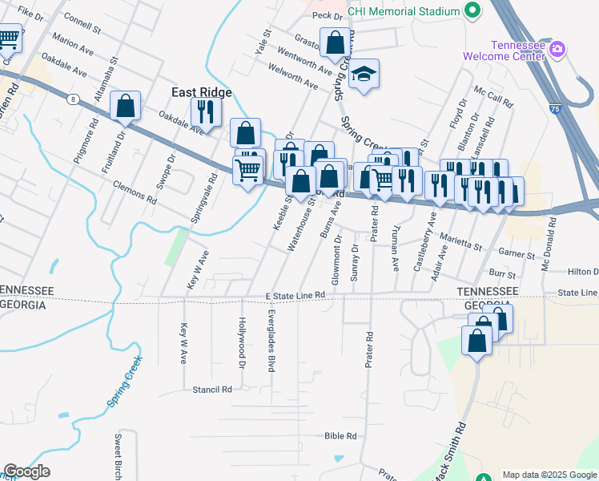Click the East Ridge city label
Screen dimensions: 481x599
(x=202, y=92)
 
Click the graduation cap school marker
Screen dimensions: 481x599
(x=364, y=75)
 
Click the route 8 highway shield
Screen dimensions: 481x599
(x=73, y=99)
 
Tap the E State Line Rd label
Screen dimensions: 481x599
(x=295, y=296)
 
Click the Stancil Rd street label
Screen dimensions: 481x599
(x=211, y=389)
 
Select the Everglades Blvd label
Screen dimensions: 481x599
(x=271, y=341)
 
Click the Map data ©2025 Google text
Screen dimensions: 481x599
(x=549, y=475)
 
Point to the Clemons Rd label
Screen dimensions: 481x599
(x=135, y=193)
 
